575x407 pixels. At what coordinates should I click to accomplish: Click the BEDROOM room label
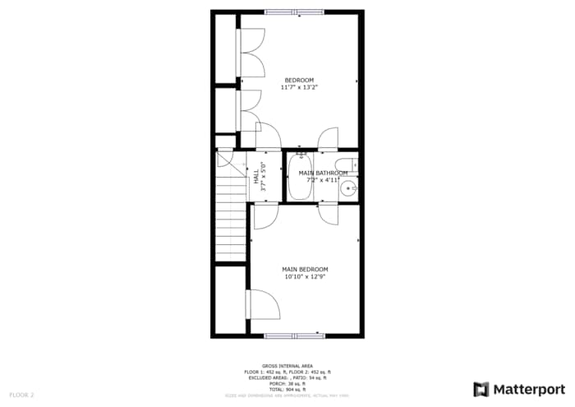(x=299, y=80)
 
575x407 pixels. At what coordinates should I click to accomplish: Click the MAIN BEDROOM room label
(x=305, y=270)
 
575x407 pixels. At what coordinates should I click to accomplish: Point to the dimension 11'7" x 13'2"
(x=299, y=87)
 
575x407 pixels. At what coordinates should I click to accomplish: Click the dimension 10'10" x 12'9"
(x=305, y=277)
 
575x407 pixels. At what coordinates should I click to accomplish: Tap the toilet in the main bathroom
(x=347, y=162)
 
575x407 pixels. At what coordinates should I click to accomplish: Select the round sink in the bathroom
(x=348, y=187)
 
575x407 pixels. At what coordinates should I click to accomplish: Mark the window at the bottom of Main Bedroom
(x=294, y=335)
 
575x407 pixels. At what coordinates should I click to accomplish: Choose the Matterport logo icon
(x=481, y=389)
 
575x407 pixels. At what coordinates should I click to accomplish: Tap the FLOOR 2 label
(x=21, y=395)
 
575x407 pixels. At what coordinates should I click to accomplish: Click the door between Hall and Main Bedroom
(x=265, y=215)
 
